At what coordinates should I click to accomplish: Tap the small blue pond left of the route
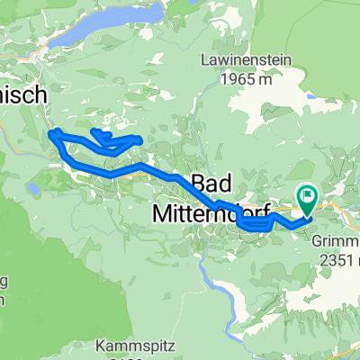(34, 189)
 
